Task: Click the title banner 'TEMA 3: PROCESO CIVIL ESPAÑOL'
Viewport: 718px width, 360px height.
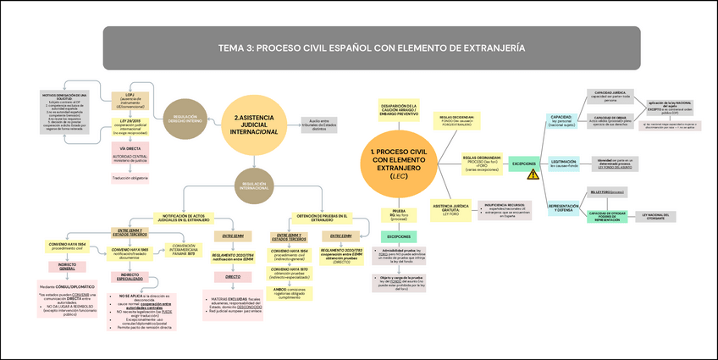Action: coord(370,47)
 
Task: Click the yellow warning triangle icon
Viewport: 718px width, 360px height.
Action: coord(533,174)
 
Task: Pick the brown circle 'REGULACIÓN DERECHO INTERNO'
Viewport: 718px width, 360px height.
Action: coord(185,119)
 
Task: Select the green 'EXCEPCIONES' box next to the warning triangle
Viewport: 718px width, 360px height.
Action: coord(525,163)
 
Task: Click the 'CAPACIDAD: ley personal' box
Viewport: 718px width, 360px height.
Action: coord(561,119)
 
